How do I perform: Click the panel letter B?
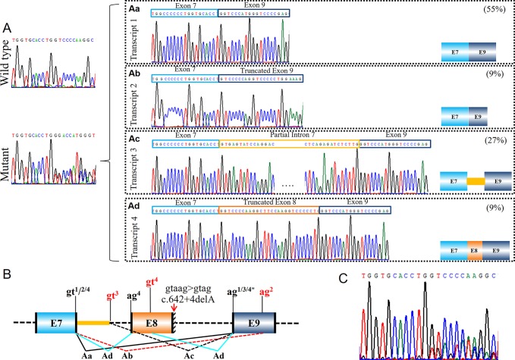pyautogui.click(x=7, y=271)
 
